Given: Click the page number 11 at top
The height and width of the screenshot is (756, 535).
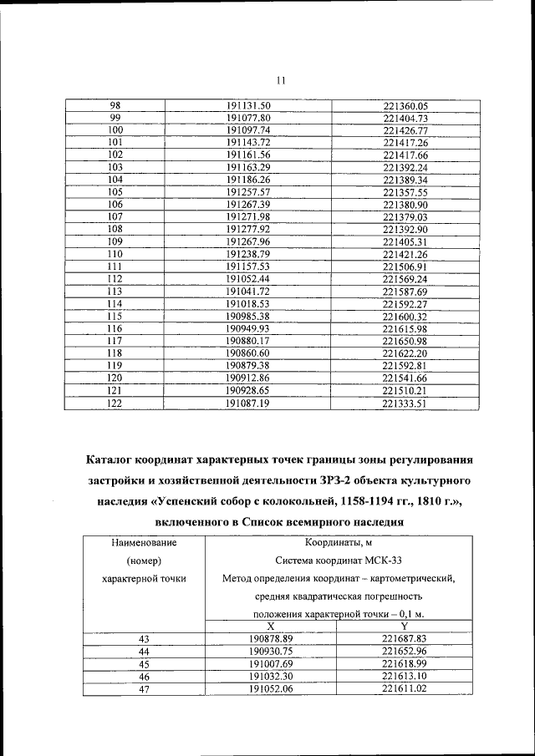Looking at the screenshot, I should (280, 80).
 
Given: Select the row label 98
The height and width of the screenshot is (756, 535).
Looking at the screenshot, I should (115, 106).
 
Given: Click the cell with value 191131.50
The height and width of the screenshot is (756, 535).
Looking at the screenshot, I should (249, 106).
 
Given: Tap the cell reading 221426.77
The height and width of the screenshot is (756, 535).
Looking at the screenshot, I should (405, 131).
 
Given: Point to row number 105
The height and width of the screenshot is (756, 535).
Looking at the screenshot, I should (115, 192).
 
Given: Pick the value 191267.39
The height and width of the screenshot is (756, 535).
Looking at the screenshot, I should (249, 205).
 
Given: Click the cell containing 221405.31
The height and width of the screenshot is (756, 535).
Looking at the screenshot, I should (405, 241).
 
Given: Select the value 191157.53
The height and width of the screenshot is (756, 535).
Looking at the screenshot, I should (249, 266).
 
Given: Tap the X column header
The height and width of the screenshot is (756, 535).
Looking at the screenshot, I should (269, 626).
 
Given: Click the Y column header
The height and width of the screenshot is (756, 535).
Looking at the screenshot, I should (405, 626).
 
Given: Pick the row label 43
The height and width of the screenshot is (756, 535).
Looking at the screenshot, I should (144, 638).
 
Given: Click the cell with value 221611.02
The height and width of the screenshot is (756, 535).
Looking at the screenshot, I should (405, 688).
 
